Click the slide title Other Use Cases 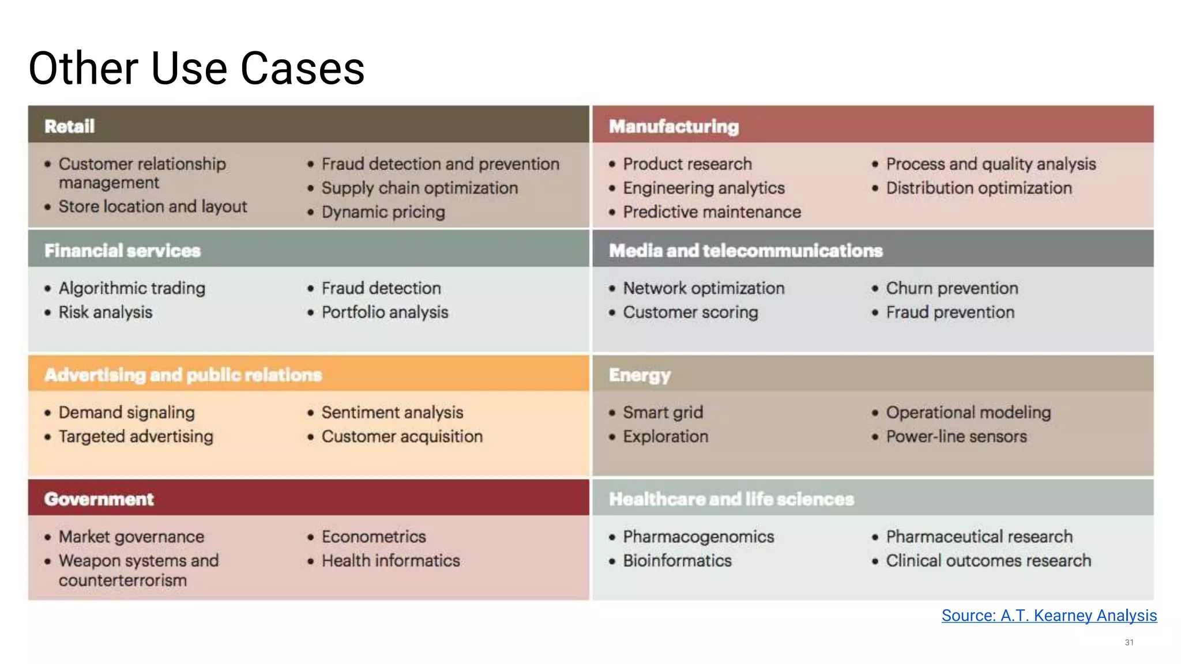196,69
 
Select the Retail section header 70,126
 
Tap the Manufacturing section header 674,126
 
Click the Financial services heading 122,251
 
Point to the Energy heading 640,375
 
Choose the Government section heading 99,499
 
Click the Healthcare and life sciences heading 731,499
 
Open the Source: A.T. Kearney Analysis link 1049,616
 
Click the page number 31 1129,642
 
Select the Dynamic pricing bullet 383,212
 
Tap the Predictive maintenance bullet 712,212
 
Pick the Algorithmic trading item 131,288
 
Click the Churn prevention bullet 951,288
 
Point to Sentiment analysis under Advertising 392,413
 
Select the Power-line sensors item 956,437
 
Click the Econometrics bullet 374,537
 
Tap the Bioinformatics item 677,561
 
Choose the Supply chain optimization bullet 419,188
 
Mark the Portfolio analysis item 385,312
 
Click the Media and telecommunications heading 746,251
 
